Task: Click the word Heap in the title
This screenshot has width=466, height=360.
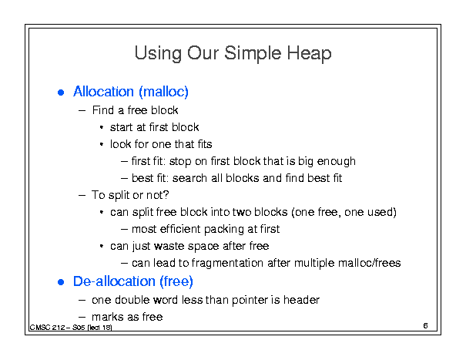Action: coord(309,54)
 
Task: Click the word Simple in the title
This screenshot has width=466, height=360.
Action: coord(253,54)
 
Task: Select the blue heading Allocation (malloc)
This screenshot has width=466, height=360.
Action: coord(131,92)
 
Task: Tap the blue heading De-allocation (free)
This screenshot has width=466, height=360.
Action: coord(133,281)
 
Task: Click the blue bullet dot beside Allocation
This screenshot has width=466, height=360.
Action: coord(61,93)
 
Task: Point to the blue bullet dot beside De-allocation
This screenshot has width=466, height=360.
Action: coord(61,282)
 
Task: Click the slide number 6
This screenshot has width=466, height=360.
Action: coord(426,326)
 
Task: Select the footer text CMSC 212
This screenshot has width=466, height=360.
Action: coord(48,328)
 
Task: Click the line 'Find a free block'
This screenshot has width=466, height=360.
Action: coord(136,110)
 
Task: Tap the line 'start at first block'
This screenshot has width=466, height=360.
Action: coord(155,127)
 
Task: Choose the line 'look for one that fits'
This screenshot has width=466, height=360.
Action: coord(161,144)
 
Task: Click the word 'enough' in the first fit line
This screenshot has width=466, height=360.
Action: coord(337,162)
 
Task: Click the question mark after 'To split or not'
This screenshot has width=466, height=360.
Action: coord(166,195)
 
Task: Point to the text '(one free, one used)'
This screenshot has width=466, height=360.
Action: coord(344,213)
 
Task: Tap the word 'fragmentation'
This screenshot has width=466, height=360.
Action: coord(227,264)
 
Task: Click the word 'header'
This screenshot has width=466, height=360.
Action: coord(301,300)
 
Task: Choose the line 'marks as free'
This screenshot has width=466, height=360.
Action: coord(127,317)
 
